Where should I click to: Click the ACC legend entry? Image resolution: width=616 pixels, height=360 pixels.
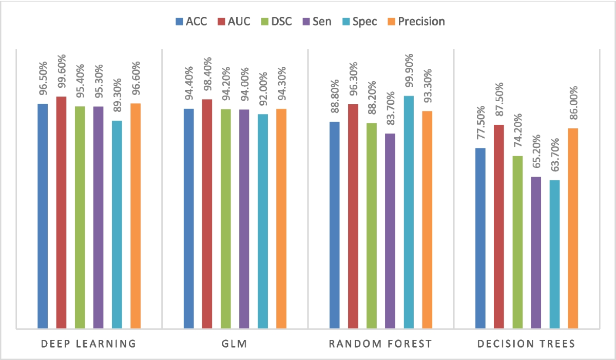[x=191, y=22]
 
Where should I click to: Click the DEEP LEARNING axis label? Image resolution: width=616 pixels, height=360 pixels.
[x=89, y=344]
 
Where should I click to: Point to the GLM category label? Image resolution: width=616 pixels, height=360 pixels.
[x=235, y=344]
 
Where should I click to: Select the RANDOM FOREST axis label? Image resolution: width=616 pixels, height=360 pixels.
[x=380, y=344]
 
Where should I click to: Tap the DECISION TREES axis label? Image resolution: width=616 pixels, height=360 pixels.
[x=526, y=344]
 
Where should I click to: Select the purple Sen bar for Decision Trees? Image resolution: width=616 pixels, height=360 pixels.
[x=536, y=252]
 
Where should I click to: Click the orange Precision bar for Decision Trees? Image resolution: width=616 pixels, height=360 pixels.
[x=573, y=228]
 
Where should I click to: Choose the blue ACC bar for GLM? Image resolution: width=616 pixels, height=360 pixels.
[x=188, y=218]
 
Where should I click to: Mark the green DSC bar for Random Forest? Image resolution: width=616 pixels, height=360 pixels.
[x=372, y=225]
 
